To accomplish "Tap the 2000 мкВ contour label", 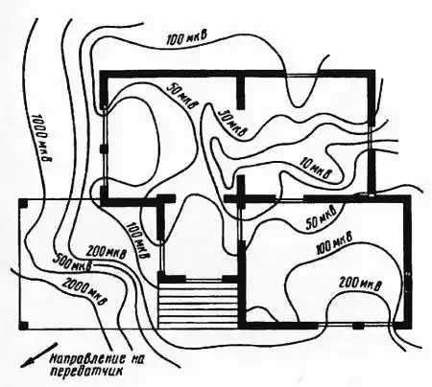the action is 84,291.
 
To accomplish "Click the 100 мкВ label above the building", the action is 187,38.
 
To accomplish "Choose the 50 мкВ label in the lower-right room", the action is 322,218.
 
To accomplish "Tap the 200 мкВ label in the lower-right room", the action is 360,283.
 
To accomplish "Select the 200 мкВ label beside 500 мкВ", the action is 107,252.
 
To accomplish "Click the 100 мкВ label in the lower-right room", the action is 334,243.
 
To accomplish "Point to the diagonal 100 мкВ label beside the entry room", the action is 137,240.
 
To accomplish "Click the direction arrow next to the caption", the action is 39,354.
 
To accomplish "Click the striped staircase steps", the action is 198,303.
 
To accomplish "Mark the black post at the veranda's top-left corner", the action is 24,203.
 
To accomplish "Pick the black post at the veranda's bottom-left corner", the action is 24,326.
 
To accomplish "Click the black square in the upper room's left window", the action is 103,148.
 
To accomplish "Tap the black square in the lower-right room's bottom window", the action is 358,326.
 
